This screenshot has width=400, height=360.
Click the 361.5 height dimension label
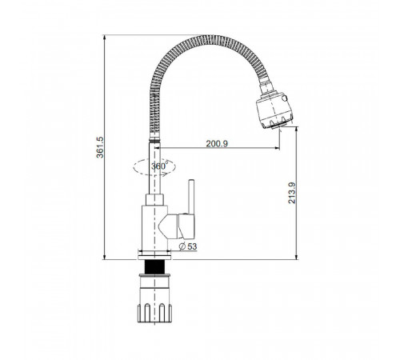100,147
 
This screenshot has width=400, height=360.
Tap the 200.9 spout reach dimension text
217,143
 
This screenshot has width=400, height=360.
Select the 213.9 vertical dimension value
292,193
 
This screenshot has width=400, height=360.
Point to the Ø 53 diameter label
188,246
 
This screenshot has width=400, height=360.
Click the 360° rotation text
159,166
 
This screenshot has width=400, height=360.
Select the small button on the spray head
285,98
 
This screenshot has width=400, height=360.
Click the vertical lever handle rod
191,197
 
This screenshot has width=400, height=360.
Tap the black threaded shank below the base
154,266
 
